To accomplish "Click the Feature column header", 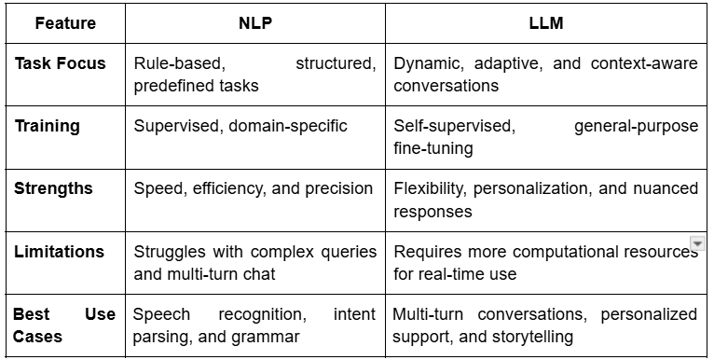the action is pos(65,23).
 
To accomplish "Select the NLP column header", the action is pos(255,23).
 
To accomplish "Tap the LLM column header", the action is pos(546,23).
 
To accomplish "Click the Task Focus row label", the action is pos(60,63).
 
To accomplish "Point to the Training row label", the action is pos(48,126).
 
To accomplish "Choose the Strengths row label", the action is pos(53,188).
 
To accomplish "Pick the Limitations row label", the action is pos(60,252).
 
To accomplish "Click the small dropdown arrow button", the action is pos(697,242).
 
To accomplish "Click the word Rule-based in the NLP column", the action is pos(179,63).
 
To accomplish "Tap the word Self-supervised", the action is pos(455,126).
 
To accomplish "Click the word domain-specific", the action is pos(288,126).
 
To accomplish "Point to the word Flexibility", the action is pos(430,188).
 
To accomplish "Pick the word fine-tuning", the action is pos(433,149).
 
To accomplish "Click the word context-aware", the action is pos(644,63).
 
